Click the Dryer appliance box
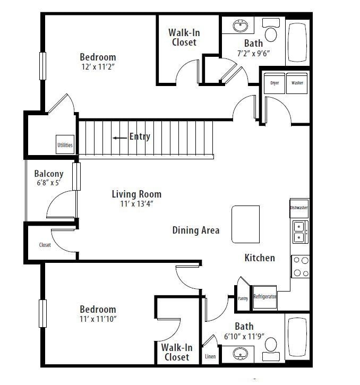275,83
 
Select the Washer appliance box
297,83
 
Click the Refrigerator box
264,297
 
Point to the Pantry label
242,298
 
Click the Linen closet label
210,356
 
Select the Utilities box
65,144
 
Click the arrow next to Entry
119,138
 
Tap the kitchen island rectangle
245,224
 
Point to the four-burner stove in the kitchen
300,267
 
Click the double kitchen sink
299,233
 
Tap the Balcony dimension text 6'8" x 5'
49,184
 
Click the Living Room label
136,194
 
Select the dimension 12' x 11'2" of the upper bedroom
98,67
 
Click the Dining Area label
195,230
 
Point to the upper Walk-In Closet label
184,37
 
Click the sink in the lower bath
242,354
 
